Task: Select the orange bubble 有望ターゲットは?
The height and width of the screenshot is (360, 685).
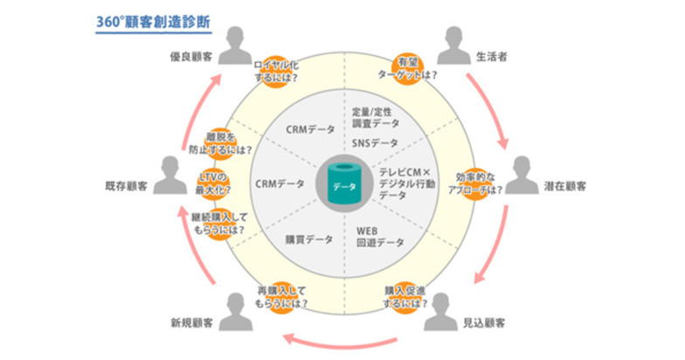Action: [417, 66]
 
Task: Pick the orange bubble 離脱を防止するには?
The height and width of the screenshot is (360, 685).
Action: [220, 142]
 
